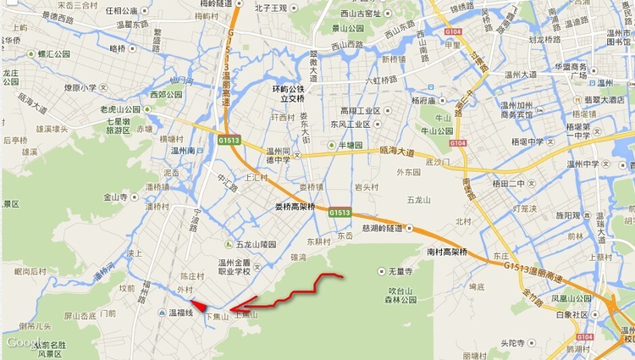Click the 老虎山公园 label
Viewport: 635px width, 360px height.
click(119, 110)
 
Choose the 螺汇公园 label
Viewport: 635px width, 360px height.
click(52, 53)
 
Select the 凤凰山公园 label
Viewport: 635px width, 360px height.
click(571, 298)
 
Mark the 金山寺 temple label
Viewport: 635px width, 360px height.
click(114, 197)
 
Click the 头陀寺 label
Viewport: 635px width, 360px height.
click(513, 343)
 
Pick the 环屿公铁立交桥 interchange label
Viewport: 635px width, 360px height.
click(287, 93)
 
